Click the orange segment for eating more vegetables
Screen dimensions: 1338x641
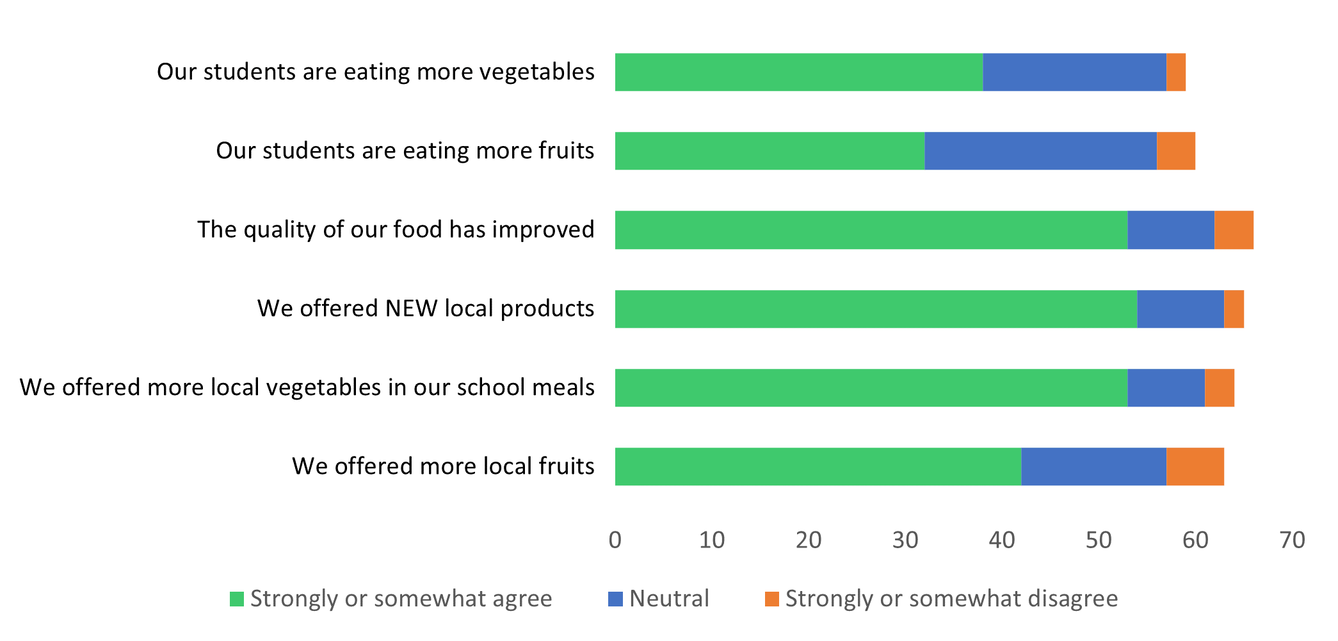coord(1176,72)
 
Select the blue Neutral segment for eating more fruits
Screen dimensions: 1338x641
coord(1041,151)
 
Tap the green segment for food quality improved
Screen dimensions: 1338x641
coord(871,230)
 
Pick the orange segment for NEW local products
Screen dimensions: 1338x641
coord(1234,309)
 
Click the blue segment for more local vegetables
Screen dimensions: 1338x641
coord(1166,387)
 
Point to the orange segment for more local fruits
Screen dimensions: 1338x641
coord(1195,467)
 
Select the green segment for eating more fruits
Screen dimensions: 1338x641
coord(770,151)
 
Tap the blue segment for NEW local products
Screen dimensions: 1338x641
coord(1181,309)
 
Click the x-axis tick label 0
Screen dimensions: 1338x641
coord(615,540)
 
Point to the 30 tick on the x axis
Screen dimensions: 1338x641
coord(905,540)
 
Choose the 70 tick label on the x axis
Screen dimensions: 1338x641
coord(1293,540)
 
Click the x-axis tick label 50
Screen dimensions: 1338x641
coord(1099,540)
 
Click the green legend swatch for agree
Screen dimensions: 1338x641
coord(237,599)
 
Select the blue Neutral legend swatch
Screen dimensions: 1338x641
coord(615,599)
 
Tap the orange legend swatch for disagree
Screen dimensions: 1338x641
coord(772,599)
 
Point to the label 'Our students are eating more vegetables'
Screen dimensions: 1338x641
coord(376,72)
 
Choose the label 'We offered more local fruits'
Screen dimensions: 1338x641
coord(444,466)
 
